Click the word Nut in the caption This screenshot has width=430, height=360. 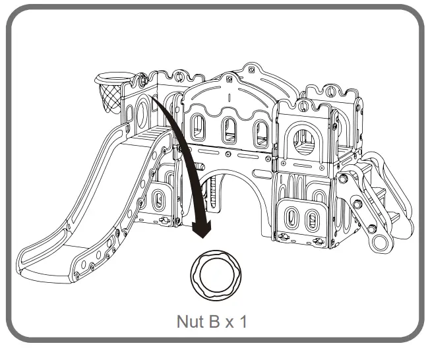click(x=191, y=322)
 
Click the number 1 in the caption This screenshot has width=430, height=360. click(x=245, y=322)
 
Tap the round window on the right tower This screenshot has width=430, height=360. click(x=304, y=141)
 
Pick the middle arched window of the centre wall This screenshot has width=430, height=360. click(x=228, y=130)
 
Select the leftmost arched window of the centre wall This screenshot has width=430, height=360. click(x=197, y=127)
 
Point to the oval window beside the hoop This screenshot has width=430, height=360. click(x=141, y=113)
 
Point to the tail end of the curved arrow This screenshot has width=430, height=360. click(x=156, y=99)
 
